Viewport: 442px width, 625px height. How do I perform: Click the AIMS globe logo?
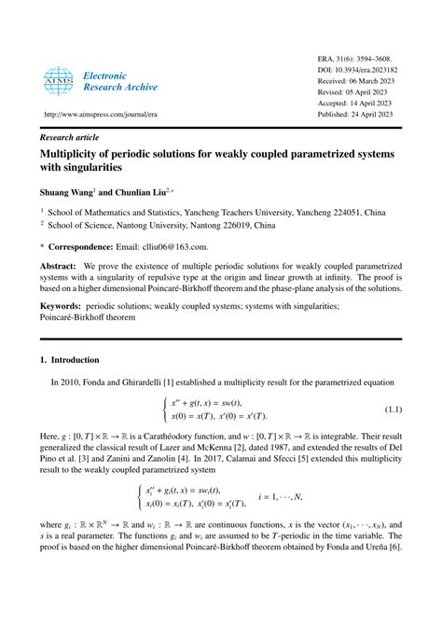[x=57, y=81]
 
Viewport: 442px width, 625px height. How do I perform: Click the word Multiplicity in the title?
[x=75, y=152]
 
